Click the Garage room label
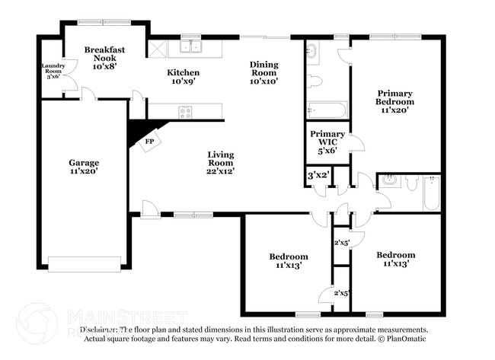coord(84,167)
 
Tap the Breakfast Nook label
coord(104,58)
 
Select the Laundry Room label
coord(53,70)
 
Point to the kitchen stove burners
coord(185,112)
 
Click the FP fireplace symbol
coord(149,142)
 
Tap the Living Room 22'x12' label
coord(221,163)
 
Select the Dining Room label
coord(264,72)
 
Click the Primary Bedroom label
coord(395,101)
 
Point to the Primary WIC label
coord(327,141)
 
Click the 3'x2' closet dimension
coord(318,176)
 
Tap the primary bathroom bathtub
coord(327,109)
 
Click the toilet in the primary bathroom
coord(317,80)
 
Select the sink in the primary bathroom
coord(313,52)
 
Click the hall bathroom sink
coord(390,181)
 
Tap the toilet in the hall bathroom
coord(411,183)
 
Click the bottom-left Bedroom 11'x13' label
coord(289,261)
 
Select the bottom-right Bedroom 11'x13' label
coord(395,259)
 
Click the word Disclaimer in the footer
coord(102,330)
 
